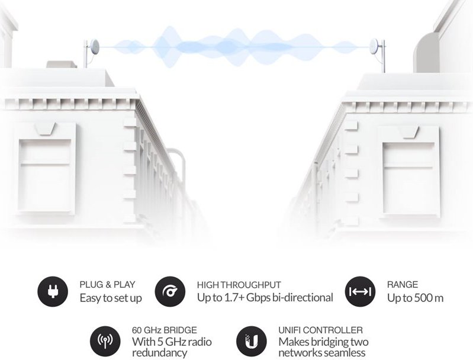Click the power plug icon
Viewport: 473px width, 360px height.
[x=53, y=291]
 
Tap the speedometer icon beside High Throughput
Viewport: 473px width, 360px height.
[x=170, y=291]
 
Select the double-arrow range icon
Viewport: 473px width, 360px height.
[x=360, y=291]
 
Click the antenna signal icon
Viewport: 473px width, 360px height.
[x=105, y=341]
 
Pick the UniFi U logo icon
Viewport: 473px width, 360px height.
[x=251, y=341]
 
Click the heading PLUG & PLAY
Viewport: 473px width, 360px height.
[x=107, y=285]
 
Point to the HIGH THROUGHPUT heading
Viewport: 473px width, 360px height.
[x=239, y=285]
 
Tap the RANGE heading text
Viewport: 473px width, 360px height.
[x=403, y=285]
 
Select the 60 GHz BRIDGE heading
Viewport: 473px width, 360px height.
[x=165, y=330]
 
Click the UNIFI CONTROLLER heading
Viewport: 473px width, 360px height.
[x=320, y=330]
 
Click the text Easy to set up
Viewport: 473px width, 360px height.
[x=111, y=298]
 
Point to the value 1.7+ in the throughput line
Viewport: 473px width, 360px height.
[x=234, y=298]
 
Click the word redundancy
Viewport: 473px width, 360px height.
[x=160, y=352]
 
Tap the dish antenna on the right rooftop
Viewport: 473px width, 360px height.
[x=375, y=47]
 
